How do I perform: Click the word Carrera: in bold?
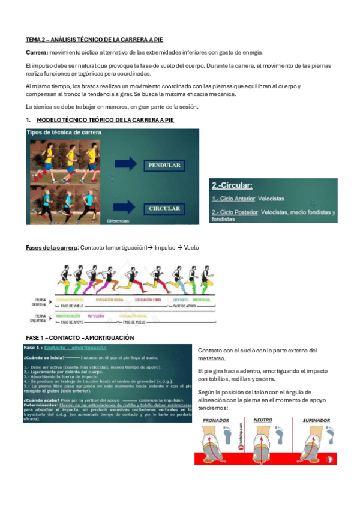(37, 52)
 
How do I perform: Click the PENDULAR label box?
(164, 164)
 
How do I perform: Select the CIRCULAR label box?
(164, 208)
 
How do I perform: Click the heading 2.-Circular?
(231, 186)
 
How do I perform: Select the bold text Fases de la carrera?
(52, 247)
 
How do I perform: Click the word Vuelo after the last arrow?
(191, 247)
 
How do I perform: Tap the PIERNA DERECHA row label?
(40, 301)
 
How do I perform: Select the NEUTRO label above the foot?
(263, 420)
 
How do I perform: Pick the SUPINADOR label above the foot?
(316, 420)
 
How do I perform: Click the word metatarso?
(212, 358)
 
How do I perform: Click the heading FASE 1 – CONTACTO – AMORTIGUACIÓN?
(80, 337)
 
